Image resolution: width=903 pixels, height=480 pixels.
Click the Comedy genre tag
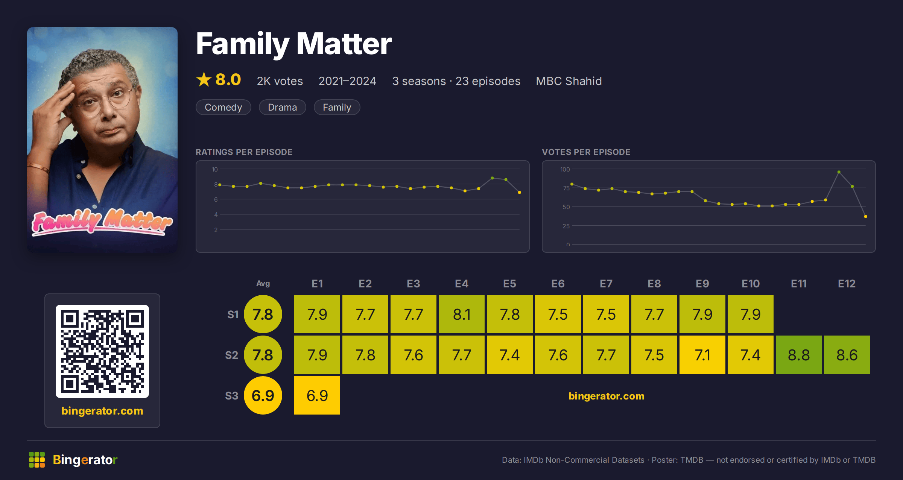[223, 107]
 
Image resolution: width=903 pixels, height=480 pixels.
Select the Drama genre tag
[282, 107]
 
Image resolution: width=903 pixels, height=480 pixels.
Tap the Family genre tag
[337, 107]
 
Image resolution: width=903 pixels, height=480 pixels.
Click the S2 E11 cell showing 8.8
[798, 355]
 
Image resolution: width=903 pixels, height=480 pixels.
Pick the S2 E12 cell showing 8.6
[847, 355]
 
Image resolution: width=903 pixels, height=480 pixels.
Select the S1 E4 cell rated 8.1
[462, 314]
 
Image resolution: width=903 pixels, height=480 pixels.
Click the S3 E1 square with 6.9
[317, 395]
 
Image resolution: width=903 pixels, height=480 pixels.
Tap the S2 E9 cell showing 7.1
[702, 355]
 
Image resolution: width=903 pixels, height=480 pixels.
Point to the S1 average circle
[263, 314]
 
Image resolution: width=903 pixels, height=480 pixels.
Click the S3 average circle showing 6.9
[263, 395]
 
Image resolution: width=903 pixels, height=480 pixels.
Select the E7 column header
[606, 284]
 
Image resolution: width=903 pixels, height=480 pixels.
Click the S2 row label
[232, 355]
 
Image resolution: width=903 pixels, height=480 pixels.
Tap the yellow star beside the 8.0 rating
[204, 79]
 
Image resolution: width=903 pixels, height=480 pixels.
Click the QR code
[102, 351]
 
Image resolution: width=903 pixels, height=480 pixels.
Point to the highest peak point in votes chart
[839, 172]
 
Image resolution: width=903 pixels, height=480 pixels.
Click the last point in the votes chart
[866, 216]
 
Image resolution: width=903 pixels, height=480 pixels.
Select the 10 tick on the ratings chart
[215, 169]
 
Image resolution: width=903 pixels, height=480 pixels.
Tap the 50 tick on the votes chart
[566, 207]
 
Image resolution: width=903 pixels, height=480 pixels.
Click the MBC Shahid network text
[569, 81]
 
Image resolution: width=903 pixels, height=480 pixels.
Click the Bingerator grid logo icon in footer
[37, 460]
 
